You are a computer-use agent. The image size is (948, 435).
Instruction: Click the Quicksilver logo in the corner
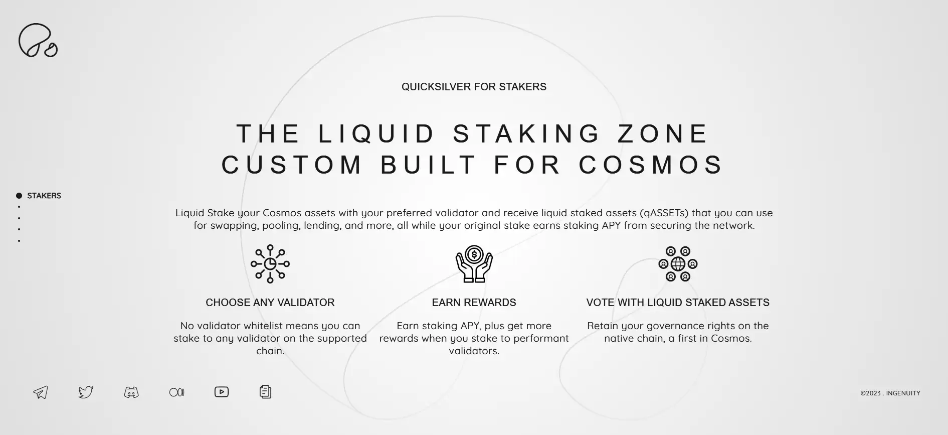click(38, 40)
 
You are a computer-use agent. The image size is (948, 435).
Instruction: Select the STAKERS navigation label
click(44, 196)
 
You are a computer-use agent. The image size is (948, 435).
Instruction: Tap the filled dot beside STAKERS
click(19, 196)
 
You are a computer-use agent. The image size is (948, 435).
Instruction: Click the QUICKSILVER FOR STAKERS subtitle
click(474, 87)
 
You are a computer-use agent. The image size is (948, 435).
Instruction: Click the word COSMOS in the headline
click(651, 165)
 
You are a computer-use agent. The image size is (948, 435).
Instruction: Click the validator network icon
click(270, 264)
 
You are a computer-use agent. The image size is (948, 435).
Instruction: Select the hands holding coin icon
click(474, 264)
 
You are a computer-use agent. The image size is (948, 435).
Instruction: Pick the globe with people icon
click(678, 264)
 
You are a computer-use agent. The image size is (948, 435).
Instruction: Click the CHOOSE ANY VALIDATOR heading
click(270, 303)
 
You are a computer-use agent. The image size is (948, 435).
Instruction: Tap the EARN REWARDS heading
click(474, 303)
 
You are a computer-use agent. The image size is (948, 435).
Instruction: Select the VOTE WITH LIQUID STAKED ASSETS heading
click(678, 303)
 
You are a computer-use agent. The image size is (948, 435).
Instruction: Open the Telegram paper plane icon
click(41, 392)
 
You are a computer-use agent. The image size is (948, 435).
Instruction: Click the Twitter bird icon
click(86, 392)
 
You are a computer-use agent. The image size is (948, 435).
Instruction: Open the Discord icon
click(131, 392)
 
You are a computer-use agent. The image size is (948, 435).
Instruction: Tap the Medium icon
click(177, 392)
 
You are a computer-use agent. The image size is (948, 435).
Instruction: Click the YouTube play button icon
click(222, 392)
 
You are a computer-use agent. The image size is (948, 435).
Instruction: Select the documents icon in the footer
click(266, 392)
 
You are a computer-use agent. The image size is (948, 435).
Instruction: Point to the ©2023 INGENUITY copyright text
click(890, 393)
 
